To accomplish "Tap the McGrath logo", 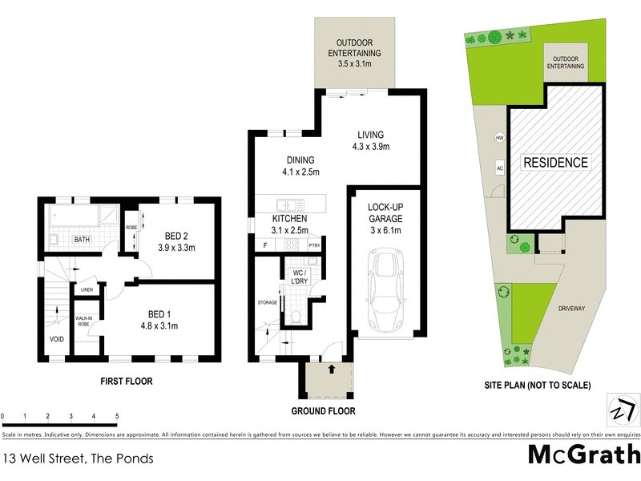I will click(583, 453).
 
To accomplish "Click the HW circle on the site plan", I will click(499, 137).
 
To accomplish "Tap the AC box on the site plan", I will click(499, 168).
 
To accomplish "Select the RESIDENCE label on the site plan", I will click(555, 163).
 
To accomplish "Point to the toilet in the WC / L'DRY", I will click(294, 318).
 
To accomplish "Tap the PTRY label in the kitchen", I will click(314, 246).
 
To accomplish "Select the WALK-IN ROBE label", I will click(84, 321).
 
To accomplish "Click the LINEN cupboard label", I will click(87, 289).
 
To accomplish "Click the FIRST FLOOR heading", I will click(125, 382).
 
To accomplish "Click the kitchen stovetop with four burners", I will click(293, 245).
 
